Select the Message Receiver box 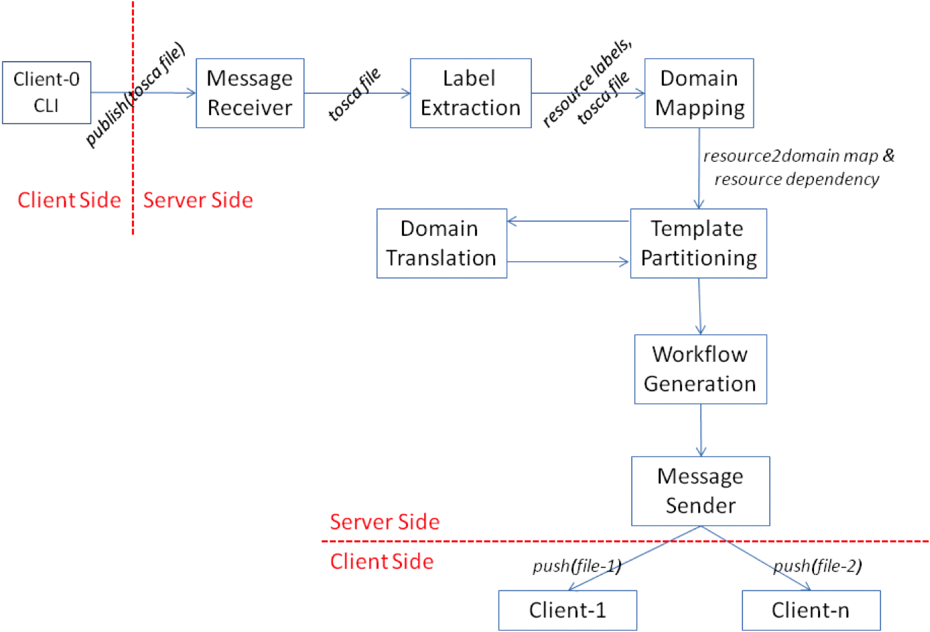click(250, 93)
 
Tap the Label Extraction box click(470, 93)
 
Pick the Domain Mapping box click(699, 93)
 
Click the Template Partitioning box click(698, 243)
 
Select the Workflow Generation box click(700, 369)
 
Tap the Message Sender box click(700, 491)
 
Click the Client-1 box click(568, 610)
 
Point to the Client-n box click(811, 610)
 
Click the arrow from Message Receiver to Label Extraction click(356, 93)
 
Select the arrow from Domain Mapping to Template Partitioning click(699, 168)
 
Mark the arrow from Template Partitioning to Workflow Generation click(700, 306)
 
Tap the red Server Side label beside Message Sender click(385, 521)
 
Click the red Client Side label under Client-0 click(69, 200)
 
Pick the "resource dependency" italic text click(796, 180)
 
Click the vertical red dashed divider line click(133, 134)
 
